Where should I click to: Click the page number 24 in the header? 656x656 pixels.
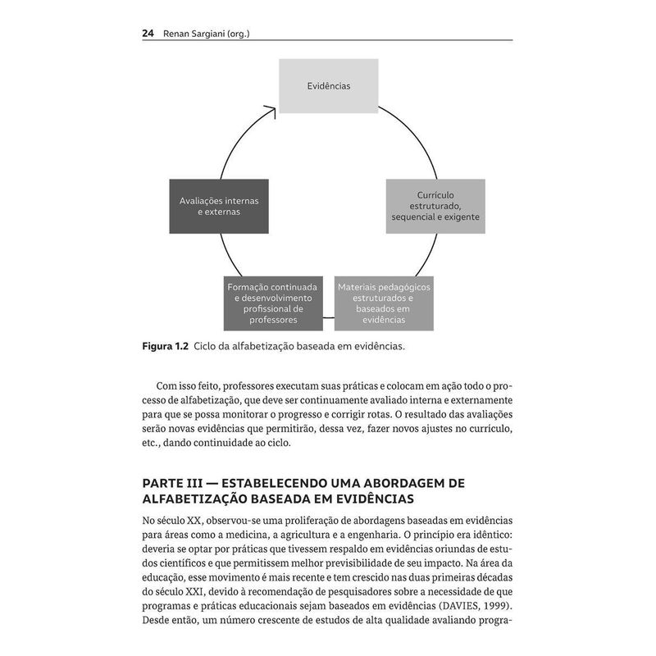pyautogui.click(x=148, y=34)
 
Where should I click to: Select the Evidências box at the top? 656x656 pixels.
pyautogui.click(x=328, y=85)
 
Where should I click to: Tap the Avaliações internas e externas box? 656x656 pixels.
pyautogui.click(x=218, y=206)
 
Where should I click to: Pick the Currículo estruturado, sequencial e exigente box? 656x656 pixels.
pyautogui.click(x=435, y=206)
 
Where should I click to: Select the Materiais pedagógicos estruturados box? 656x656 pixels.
pyautogui.click(x=384, y=303)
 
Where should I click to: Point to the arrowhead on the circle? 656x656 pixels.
pyautogui.click(x=271, y=108)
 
